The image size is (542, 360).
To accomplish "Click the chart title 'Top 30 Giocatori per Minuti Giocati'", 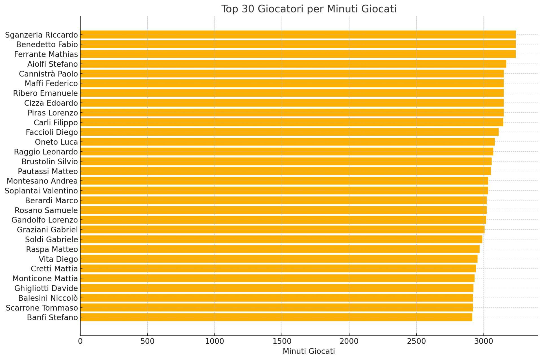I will (309, 9).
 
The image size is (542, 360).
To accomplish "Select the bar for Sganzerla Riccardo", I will (298, 35).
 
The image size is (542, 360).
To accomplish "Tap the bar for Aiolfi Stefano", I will (293, 64).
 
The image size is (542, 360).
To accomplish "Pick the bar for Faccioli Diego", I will (289, 132).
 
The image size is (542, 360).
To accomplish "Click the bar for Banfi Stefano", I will (276, 317).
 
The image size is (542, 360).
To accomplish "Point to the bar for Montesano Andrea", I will (284, 181).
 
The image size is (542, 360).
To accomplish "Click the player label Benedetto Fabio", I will (47, 45).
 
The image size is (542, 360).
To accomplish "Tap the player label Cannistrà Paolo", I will (48, 74).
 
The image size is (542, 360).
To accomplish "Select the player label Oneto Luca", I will (56, 142).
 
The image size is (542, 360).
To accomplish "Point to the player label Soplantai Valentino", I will (41, 191).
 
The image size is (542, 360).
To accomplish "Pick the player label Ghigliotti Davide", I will (46, 288).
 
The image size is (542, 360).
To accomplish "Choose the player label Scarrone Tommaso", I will (42, 308).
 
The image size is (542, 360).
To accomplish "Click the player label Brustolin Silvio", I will (49, 162).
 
